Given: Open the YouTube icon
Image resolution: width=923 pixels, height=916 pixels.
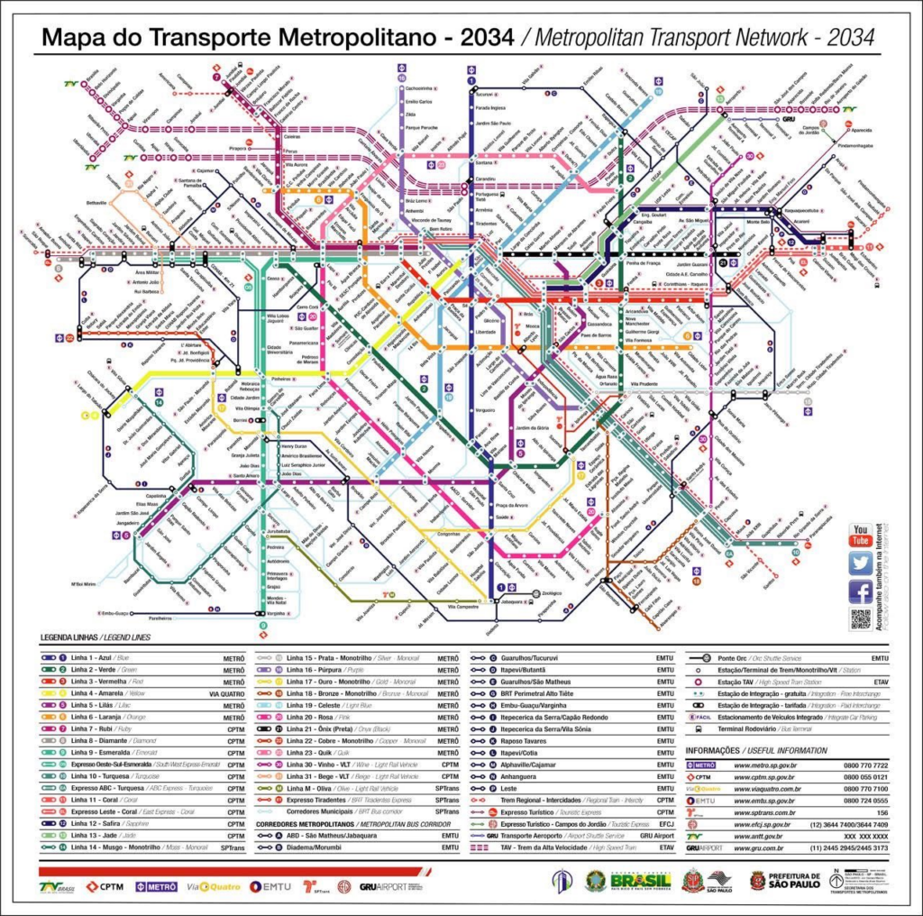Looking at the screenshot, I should [861, 535].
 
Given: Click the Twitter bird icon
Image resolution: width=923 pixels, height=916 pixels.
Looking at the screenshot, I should [861, 563].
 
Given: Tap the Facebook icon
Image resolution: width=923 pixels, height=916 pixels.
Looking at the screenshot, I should [861, 591].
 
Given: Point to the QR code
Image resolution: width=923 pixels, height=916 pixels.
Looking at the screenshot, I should [861, 619].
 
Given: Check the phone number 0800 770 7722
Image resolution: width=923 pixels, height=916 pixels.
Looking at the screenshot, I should [865, 765].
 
